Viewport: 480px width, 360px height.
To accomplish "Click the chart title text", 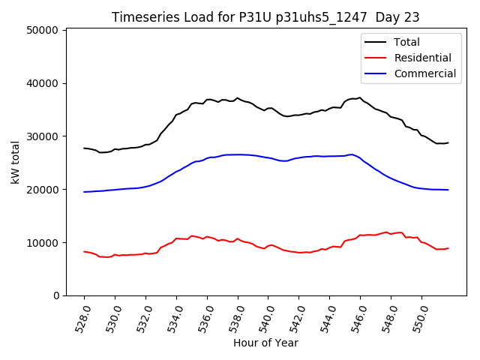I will [265, 17].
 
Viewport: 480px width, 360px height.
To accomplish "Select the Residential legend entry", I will [422, 58].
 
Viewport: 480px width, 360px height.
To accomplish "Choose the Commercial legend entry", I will [424, 73].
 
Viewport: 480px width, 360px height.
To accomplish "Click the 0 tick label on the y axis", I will [56, 296].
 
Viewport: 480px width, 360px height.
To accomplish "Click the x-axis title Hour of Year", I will [265, 343].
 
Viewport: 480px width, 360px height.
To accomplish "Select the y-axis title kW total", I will [15, 163].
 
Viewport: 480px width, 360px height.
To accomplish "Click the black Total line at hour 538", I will [238, 98].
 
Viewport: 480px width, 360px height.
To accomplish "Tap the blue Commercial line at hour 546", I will [360, 158].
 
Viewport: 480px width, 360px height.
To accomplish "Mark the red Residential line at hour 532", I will [146, 253].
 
